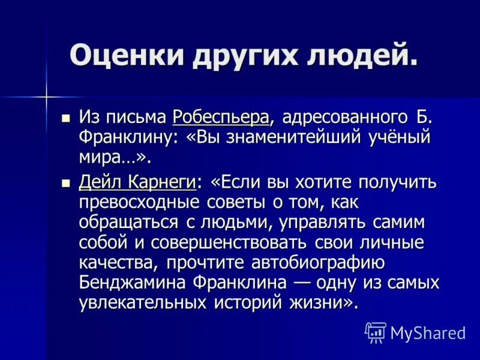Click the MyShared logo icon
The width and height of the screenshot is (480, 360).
coord(375,332)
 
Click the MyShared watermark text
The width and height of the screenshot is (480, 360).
coord(427,332)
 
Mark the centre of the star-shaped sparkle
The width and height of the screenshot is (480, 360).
coord(46,95)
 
